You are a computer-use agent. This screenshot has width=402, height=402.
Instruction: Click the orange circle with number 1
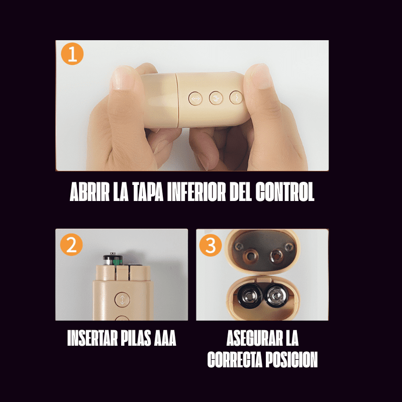click(x=72, y=54)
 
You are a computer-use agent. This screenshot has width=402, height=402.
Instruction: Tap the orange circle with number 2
click(x=71, y=245)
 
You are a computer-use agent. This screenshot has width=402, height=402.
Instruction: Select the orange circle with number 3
click(x=210, y=245)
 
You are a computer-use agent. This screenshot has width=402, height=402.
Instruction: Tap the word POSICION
click(x=291, y=360)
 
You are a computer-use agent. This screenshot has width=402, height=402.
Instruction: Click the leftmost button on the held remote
click(x=195, y=98)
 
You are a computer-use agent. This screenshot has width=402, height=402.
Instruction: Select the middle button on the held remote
click(x=216, y=97)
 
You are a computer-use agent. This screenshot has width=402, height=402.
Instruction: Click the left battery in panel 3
click(x=250, y=297)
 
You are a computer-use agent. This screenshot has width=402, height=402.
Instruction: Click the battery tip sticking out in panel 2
click(x=113, y=259)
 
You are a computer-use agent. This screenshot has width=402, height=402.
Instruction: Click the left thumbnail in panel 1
click(x=121, y=79)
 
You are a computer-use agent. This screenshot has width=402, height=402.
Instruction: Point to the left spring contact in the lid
click(x=248, y=255)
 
